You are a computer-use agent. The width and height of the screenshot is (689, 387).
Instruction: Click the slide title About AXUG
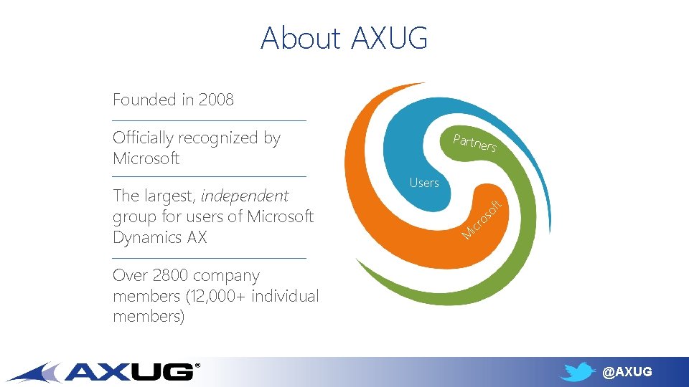(344, 38)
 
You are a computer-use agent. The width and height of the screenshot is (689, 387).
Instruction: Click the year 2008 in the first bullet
(216, 100)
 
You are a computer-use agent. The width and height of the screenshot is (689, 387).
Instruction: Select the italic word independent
(245, 196)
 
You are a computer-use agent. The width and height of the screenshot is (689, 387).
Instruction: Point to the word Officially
(143, 138)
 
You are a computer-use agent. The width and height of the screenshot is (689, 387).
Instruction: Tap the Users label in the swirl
(424, 183)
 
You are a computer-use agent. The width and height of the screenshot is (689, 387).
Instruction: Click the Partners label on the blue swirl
(474, 143)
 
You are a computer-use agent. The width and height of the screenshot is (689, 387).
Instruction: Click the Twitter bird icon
(578, 371)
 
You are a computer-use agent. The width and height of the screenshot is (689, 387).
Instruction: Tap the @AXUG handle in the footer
(627, 371)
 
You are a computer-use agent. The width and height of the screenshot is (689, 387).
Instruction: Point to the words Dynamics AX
(159, 237)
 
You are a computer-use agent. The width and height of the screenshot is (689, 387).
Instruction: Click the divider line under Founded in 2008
(209, 120)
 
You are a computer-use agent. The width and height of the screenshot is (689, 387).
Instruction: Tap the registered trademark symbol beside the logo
(198, 365)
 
